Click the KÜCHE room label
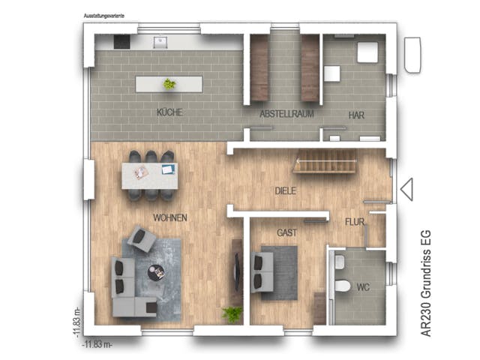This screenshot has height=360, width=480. (x=169, y=112)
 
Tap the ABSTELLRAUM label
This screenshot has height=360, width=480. (x=286, y=114)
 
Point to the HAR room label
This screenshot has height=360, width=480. (x=355, y=114)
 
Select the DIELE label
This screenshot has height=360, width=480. (x=285, y=190)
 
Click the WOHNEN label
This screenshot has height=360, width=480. (x=170, y=217)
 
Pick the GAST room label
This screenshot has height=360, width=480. (x=286, y=232)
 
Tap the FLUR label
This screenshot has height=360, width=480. (x=355, y=222)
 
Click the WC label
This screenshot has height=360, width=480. (x=363, y=288)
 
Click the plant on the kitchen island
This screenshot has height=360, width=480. (x=169, y=84)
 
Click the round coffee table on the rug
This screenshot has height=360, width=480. (x=157, y=273)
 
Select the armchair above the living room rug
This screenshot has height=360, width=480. (x=141, y=240)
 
